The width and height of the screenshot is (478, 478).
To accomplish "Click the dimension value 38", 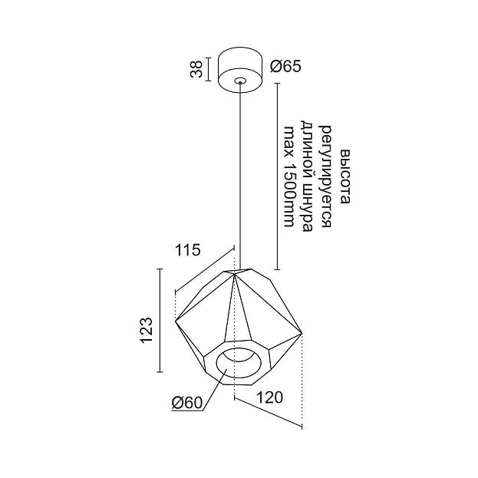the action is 196,70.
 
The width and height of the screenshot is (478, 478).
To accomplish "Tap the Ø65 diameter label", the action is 285,66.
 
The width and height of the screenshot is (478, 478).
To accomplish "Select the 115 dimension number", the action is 188,250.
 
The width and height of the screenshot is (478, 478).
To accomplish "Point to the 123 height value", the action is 147,330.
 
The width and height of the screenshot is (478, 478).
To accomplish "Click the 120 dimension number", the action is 270,397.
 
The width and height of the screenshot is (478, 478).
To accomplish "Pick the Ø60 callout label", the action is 187,403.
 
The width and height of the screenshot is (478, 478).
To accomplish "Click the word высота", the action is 345,176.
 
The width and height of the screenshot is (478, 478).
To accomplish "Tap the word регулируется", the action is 326,176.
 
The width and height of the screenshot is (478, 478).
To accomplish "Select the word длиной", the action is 306,146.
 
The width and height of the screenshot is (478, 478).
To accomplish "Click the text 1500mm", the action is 288,196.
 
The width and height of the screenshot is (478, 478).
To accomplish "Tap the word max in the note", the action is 288,142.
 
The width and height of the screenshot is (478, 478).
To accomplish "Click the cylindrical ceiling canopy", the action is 240,70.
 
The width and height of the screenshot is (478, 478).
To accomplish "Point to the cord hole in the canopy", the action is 240,81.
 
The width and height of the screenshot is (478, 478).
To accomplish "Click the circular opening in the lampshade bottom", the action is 239,362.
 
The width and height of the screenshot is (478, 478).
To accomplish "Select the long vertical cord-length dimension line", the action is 277,176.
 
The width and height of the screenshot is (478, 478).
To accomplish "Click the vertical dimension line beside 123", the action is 160,321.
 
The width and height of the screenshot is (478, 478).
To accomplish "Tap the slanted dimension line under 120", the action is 268,411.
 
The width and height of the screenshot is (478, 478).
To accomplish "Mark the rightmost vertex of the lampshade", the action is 302,334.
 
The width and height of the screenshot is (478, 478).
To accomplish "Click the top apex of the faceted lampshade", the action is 234,275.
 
